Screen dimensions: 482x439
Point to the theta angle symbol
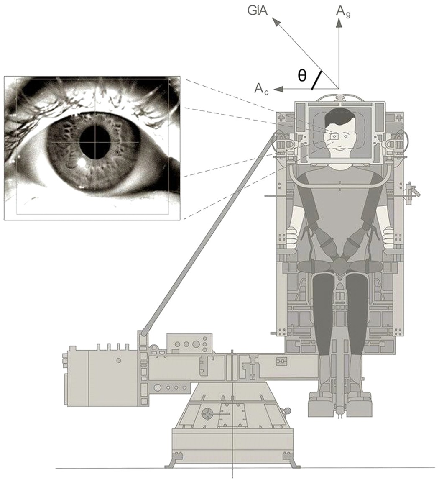301,75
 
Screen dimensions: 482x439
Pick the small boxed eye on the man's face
334,136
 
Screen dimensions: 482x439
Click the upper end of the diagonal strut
277,135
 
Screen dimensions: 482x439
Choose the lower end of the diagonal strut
143,333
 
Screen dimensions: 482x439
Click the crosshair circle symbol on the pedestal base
208,414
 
